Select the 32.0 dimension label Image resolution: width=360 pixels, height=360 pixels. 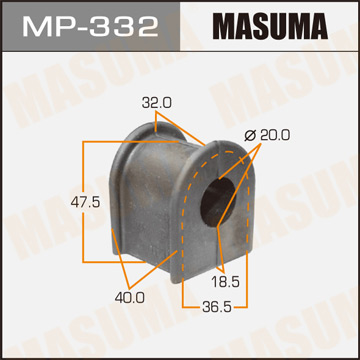point(156,101)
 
